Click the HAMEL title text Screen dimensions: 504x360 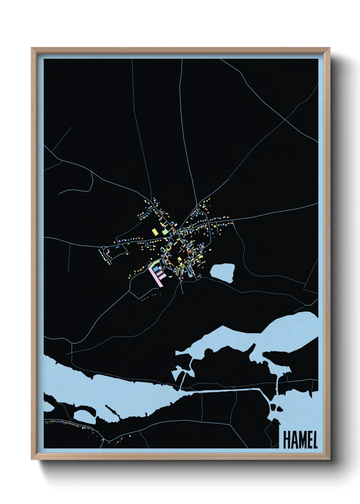[300, 440]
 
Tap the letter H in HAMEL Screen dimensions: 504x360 [287, 440]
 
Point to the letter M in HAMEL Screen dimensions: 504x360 [301, 440]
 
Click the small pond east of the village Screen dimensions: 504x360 [223, 272]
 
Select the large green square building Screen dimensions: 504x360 [165, 232]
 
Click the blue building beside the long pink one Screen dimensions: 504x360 [157, 269]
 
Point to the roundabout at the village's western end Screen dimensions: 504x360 [103, 248]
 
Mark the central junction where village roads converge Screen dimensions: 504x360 [179, 232]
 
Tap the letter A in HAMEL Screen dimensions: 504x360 [294, 440]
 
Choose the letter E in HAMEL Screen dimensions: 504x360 [309, 440]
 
